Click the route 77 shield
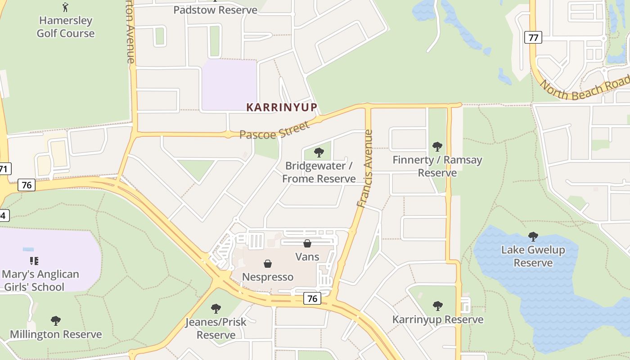(533, 37)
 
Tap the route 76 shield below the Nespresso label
(312, 298)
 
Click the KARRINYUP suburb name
(282, 107)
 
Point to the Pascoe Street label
(274, 129)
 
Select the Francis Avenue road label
(365, 168)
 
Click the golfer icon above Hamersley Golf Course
(65, 7)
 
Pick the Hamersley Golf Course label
(66, 27)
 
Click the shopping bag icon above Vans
(307, 243)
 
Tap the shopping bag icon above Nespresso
(268, 263)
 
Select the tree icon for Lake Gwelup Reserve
(533, 236)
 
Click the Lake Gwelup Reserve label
(533, 256)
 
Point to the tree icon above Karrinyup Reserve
(437, 306)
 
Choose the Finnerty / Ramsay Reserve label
(437, 166)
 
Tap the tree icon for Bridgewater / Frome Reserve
(319, 152)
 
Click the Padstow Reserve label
(216, 10)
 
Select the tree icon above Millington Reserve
(56, 321)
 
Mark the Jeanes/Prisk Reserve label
(216, 328)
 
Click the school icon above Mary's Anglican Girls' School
(34, 261)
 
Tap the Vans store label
(307, 257)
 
